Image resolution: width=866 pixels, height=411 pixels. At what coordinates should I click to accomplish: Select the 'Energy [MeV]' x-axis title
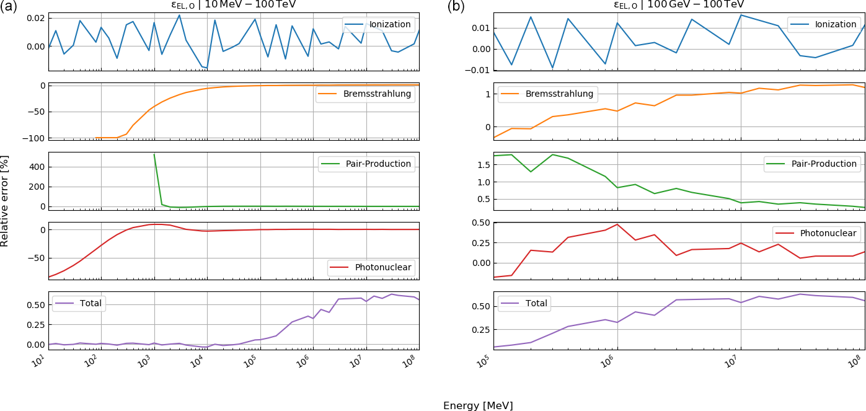tap(478, 406)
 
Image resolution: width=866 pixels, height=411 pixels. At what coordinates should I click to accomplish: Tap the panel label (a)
tap(9, 7)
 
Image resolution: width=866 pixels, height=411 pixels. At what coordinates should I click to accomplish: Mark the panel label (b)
tap(456, 7)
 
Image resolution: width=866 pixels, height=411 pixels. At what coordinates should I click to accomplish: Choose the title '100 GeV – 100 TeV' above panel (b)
tap(679, 4)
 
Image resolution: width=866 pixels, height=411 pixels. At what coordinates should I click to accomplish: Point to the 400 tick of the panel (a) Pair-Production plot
tap(37, 167)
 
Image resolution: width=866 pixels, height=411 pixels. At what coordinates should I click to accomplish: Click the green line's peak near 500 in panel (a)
tap(154, 154)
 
